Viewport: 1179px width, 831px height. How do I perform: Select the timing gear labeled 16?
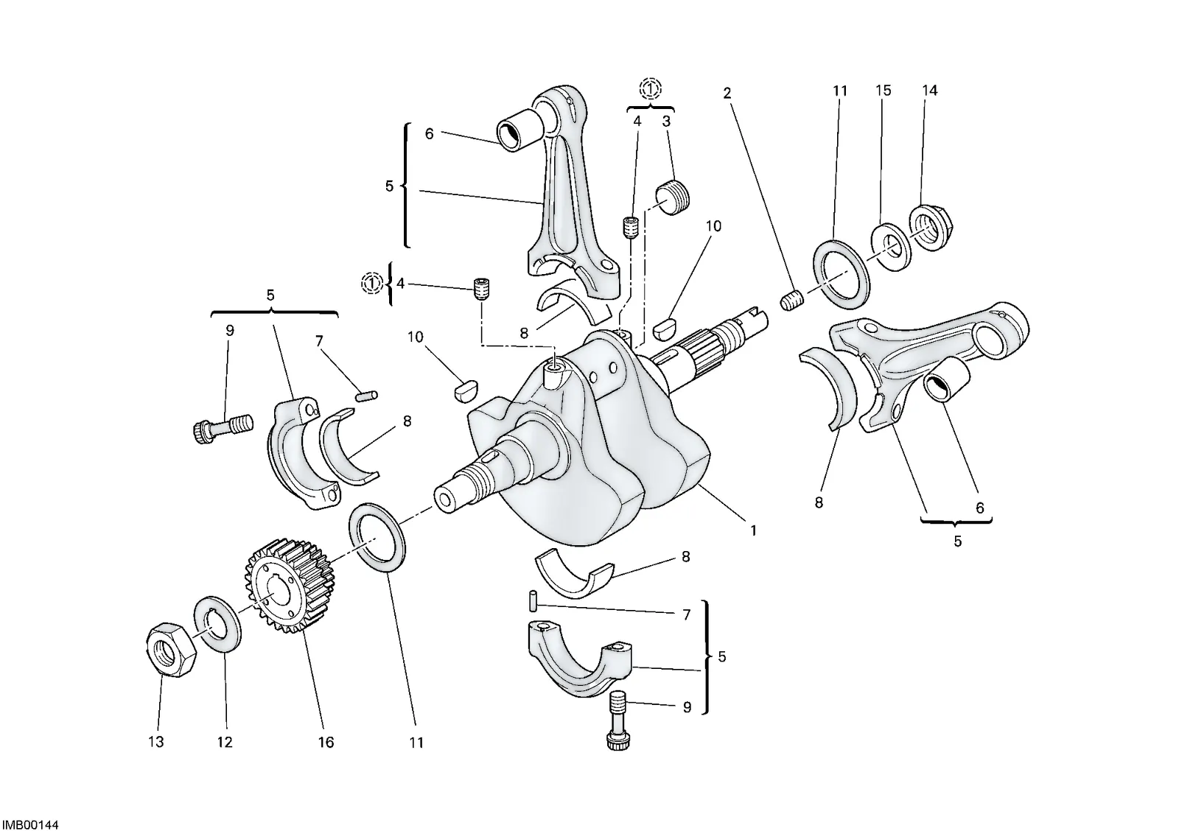pyautogui.click(x=290, y=585)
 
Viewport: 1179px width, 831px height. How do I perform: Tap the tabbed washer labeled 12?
pyautogui.click(x=218, y=624)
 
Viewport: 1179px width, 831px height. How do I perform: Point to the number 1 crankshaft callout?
pyautogui.click(x=753, y=530)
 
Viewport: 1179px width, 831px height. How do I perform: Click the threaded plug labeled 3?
pyautogui.click(x=672, y=197)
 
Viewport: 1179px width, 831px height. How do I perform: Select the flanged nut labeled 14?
pyautogui.click(x=932, y=228)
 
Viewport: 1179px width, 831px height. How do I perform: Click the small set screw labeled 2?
pyautogui.click(x=791, y=301)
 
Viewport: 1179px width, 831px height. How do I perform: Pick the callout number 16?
pyautogui.click(x=326, y=742)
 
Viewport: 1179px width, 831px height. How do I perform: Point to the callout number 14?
pyautogui.click(x=929, y=91)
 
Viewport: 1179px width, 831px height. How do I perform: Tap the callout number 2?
pyautogui.click(x=727, y=94)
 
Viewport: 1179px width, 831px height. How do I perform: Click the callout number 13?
pyautogui.click(x=155, y=742)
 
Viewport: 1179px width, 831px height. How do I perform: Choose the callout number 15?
pyautogui.click(x=884, y=91)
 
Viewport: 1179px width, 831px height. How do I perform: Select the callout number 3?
pyautogui.click(x=666, y=122)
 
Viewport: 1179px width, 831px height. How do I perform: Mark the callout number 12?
pyautogui.click(x=224, y=742)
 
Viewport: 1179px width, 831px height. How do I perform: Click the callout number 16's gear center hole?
pyautogui.click(x=273, y=592)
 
